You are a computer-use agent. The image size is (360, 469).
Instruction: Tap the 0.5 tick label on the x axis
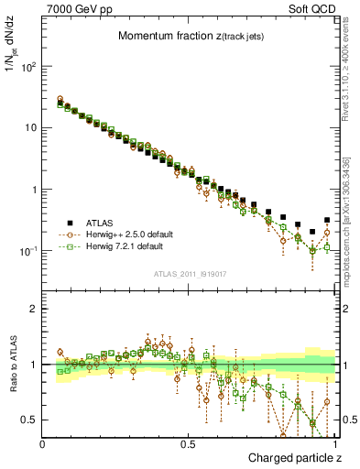coord(189,443)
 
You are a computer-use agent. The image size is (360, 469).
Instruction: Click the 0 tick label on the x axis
coord(43,443)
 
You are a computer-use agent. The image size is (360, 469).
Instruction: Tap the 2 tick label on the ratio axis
coord(35,309)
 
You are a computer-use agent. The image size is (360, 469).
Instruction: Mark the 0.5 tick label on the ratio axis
coord(31,420)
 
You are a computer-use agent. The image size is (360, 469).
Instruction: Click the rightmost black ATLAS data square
coord(327,220)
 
